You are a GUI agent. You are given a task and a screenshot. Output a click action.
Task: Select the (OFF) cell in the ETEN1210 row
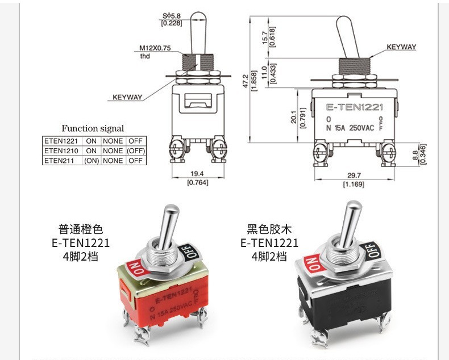coord(136,151)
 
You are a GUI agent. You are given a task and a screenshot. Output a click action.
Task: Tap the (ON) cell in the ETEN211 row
coord(92,161)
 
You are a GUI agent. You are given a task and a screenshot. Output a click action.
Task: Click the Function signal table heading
coord(93,129)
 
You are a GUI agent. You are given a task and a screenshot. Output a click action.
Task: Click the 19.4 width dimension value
coord(197,174)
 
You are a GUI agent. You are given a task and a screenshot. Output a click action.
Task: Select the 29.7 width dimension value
coord(354,176)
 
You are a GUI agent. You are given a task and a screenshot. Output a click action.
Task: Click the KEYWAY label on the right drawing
coord(401,47)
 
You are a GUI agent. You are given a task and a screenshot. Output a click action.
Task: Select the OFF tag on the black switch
coord(371,249)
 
